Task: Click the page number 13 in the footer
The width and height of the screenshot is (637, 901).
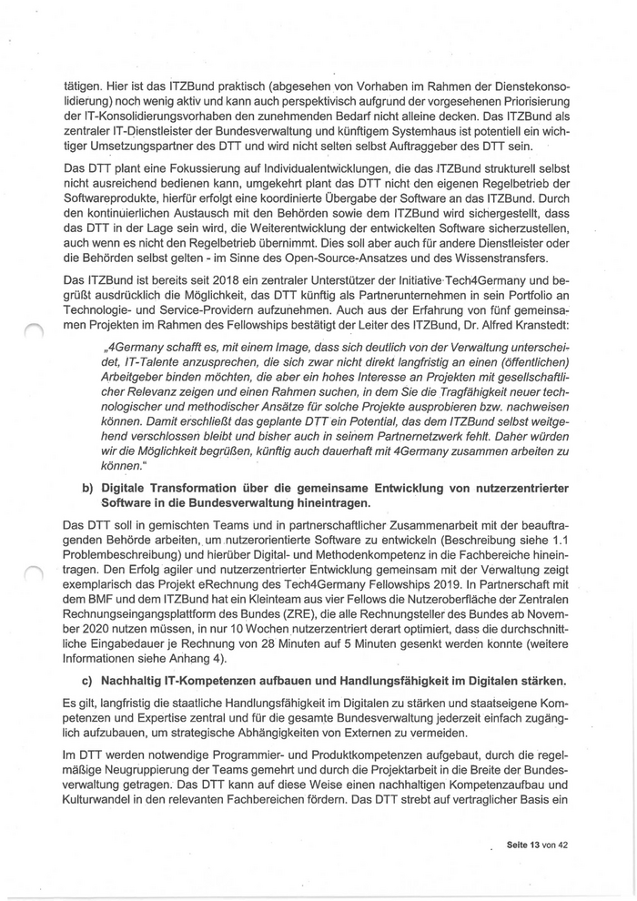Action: (x=537, y=845)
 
